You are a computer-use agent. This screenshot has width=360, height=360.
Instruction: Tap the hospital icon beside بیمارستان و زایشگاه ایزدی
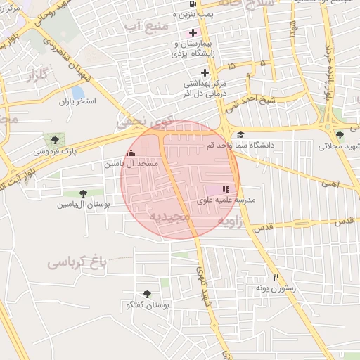pyautogui.click(x=193, y=32)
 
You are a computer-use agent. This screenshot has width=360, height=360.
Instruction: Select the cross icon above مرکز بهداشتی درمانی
pyautogui.click(x=205, y=72)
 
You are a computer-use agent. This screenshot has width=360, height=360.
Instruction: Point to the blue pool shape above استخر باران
pyautogui.click(x=77, y=92)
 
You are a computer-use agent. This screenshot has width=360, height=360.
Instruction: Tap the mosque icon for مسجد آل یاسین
pyautogui.click(x=130, y=153)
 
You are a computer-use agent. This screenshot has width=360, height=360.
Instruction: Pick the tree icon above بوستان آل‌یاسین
pyautogui.click(x=84, y=193)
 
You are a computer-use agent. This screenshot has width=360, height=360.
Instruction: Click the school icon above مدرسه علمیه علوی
pyautogui.click(x=225, y=189)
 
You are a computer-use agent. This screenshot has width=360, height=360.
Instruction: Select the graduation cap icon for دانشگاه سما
pyautogui.click(x=240, y=135)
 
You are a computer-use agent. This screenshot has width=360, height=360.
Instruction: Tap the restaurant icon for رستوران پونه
pyautogui.click(x=276, y=277)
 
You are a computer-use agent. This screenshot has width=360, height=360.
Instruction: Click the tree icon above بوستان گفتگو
pyautogui.click(x=147, y=294)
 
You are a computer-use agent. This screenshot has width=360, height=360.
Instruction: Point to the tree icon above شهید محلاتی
pyautogui.click(x=340, y=135)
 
